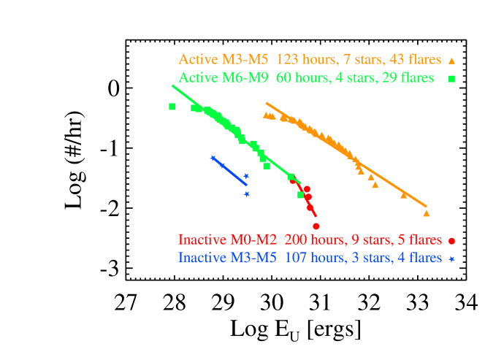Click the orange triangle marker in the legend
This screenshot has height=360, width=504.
[452, 61]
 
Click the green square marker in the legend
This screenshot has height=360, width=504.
[452, 78]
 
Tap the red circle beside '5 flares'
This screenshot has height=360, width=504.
[453, 240]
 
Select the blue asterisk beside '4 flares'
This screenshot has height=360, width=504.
[452, 258]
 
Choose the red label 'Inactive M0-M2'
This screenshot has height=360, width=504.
[227, 240]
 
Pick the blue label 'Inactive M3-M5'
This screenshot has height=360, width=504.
[227, 258]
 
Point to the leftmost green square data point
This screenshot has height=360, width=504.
[172, 107]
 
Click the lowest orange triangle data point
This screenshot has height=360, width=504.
[427, 213]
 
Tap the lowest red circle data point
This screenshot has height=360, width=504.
[316, 226]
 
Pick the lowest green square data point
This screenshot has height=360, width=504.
[300, 195]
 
